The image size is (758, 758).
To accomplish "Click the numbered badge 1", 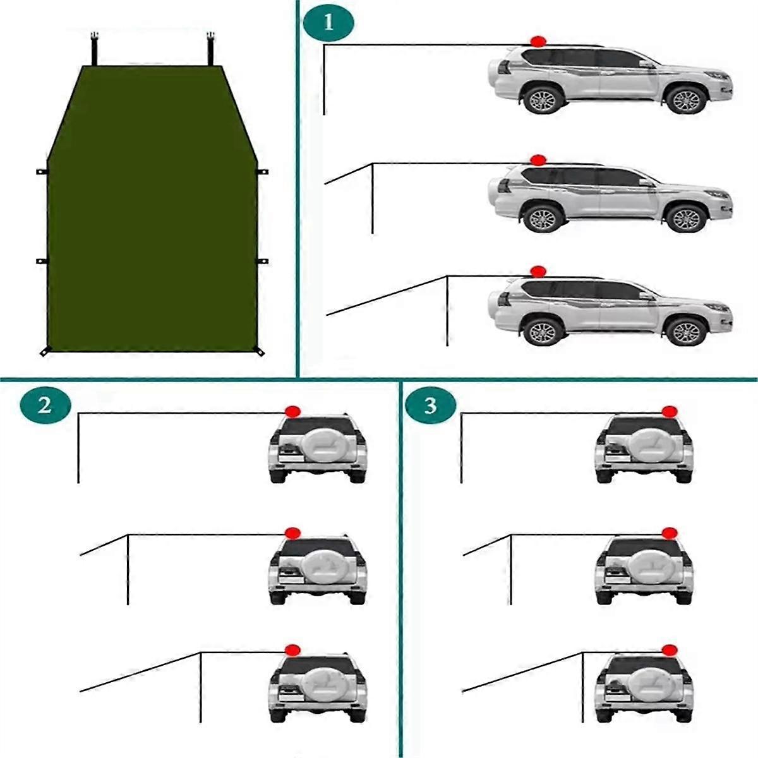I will click(x=328, y=23).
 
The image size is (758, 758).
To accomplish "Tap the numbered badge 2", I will click(x=45, y=405).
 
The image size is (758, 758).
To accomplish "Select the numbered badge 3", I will click(x=430, y=405).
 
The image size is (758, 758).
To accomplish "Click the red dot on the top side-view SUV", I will click(x=538, y=42).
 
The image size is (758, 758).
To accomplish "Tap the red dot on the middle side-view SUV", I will click(x=538, y=160).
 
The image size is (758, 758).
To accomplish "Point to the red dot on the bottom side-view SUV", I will click(x=538, y=272).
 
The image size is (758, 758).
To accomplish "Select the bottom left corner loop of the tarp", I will click(x=45, y=351).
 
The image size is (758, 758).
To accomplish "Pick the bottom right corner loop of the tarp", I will click(x=259, y=351).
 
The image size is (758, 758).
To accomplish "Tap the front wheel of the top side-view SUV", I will click(x=686, y=100).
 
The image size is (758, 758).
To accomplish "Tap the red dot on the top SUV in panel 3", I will click(x=670, y=412).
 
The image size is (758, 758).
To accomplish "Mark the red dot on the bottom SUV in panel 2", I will click(x=292, y=650).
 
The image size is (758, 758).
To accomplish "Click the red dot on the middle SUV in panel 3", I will click(x=670, y=533).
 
